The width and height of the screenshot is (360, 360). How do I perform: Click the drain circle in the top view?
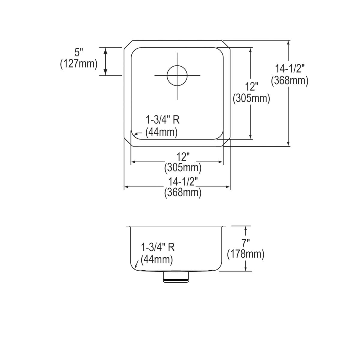pos(177,75)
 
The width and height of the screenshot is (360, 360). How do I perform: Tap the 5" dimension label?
pos(79,53)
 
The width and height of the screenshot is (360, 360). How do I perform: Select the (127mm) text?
pos(79,64)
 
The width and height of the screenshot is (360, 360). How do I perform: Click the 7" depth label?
pos(246,243)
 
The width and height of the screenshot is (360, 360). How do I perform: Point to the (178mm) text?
pos(246,254)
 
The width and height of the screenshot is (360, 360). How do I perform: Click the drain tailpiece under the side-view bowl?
pos(176,276)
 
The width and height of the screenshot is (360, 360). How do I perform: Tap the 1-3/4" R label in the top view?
pos(162,120)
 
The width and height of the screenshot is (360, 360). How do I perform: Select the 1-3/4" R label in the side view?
pos(158,247)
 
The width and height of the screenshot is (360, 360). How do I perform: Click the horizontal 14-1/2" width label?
pos(183,182)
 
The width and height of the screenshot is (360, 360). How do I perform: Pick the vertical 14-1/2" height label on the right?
pos(290,69)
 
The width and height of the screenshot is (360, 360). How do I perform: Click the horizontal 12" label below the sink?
pos(183,156)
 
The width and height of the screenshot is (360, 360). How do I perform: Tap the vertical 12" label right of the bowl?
pos(251,87)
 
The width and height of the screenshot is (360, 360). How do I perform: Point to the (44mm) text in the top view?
pos(161,132)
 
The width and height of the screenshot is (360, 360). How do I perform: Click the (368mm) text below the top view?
pos(183,192)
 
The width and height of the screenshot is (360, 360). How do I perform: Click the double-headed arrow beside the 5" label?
pos(105,61)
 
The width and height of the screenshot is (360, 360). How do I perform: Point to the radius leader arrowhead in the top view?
pos(136,134)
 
